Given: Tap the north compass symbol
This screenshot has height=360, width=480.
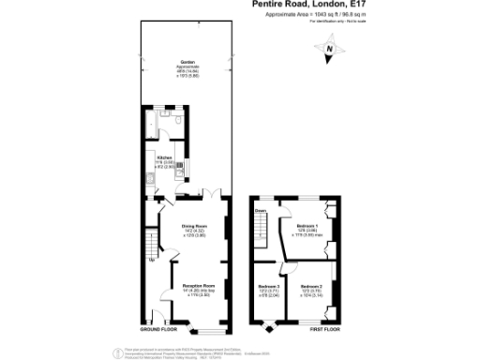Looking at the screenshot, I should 329,55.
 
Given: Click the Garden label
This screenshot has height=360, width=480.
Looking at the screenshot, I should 187,62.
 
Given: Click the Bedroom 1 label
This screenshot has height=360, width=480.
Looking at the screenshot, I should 307,227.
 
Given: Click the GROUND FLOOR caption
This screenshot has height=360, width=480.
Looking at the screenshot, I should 159,331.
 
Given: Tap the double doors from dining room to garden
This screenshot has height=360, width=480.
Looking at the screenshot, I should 213,193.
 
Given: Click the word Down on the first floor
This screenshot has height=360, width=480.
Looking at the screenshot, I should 262,212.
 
